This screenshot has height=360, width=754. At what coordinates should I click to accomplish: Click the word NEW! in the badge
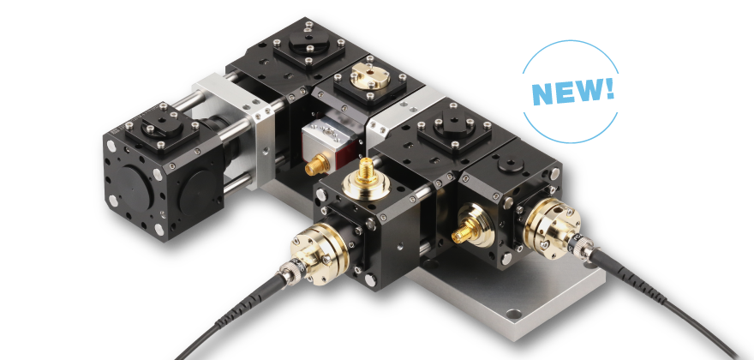coord(572,91)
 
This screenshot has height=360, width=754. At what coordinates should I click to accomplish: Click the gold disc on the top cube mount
coord(370,78)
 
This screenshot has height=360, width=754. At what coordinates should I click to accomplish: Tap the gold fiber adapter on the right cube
coord(551,226)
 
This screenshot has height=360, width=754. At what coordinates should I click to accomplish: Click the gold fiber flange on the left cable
coord(313,252)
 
